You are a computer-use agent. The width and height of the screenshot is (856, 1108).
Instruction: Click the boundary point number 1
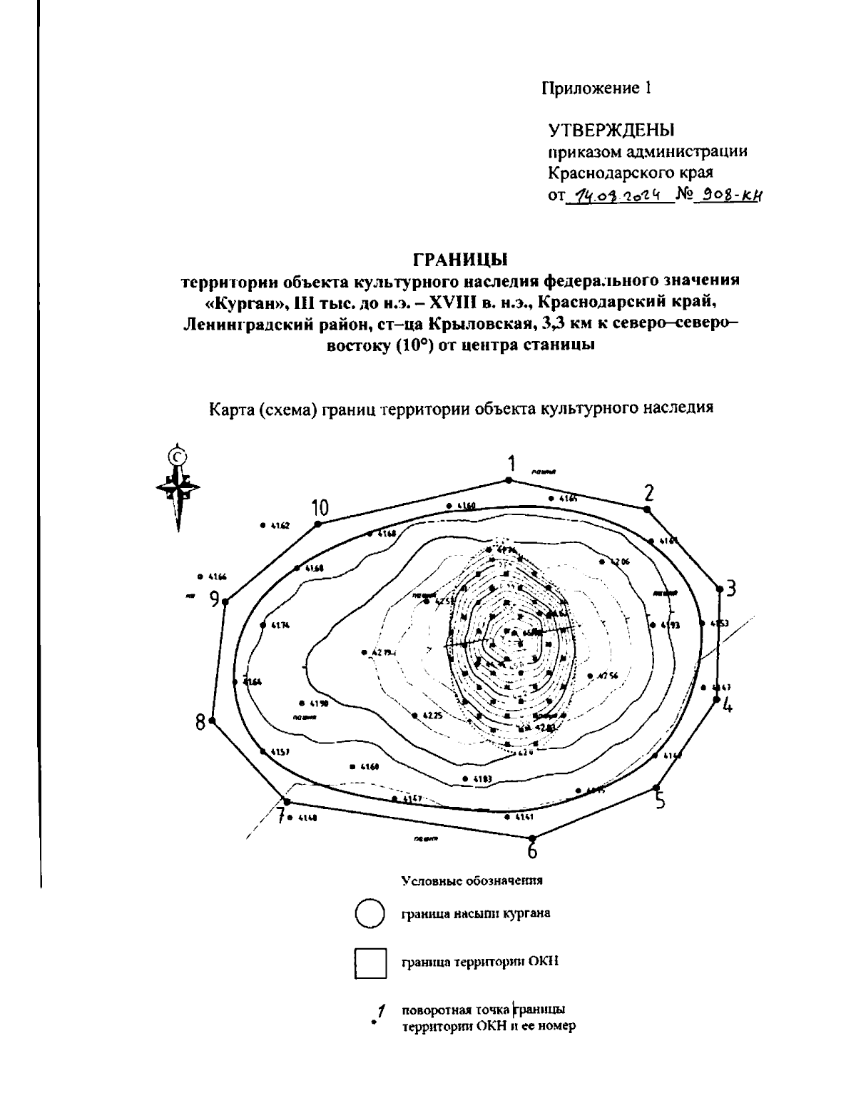pyautogui.click(x=510, y=480)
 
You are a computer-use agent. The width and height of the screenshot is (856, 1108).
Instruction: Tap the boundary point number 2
pyautogui.click(x=646, y=509)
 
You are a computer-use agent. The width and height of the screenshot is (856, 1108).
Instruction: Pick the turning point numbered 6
pyautogui.click(x=531, y=839)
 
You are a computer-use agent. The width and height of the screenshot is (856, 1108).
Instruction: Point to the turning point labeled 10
pyautogui.click(x=318, y=524)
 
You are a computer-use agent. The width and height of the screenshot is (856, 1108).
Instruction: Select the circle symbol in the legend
pyautogui.click(x=370, y=915)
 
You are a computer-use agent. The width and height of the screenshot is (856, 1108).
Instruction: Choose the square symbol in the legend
pyautogui.click(x=370, y=962)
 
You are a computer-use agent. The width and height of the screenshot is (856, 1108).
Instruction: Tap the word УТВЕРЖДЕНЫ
pyautogui.click(x=611, y=130)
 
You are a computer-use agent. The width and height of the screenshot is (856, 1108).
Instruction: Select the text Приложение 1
pyautogui.click(x=596, y=89)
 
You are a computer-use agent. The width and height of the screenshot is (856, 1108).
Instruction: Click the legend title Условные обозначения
pyautogui.click(x=472, y=880)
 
